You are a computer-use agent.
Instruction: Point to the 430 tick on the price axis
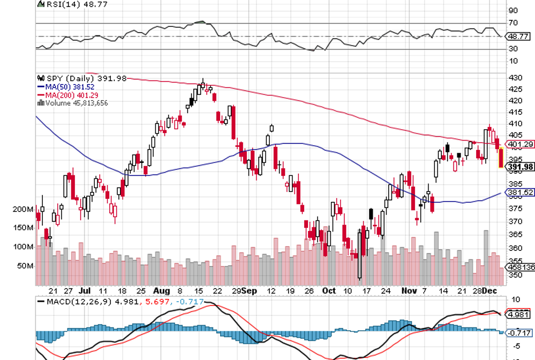pos(514,78)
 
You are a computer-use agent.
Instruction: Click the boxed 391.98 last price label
pos(521,167)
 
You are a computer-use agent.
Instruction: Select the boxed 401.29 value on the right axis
pos(521,144)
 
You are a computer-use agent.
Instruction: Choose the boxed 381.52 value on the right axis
pos(521,193)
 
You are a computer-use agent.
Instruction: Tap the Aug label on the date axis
pos(162,290)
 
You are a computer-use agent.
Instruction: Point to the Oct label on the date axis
pos(329,290)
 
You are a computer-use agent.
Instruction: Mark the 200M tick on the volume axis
pos(23,210)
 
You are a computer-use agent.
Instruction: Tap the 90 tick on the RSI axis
pos(513,11)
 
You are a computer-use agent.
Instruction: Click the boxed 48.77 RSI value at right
pos(520,36)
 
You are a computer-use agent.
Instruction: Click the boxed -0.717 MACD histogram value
pos(520,333)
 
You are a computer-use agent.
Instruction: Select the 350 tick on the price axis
pos(514,275)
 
